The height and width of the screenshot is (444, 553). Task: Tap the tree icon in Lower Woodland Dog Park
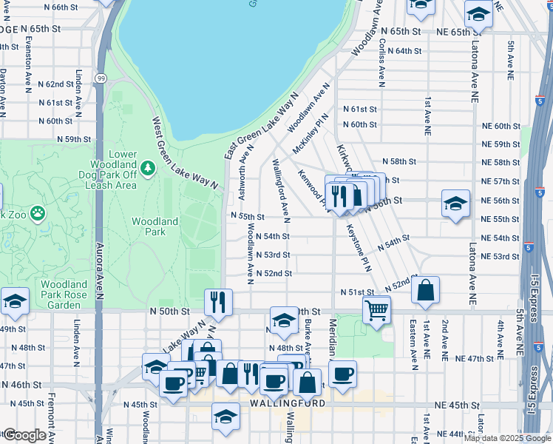pos(149,169)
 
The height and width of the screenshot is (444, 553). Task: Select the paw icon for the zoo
pos(37,214)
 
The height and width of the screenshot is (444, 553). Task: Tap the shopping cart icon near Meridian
pos(376,310)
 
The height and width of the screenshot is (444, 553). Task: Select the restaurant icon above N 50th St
pos(218,300)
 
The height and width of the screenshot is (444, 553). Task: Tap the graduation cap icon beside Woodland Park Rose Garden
pos(15,300)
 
